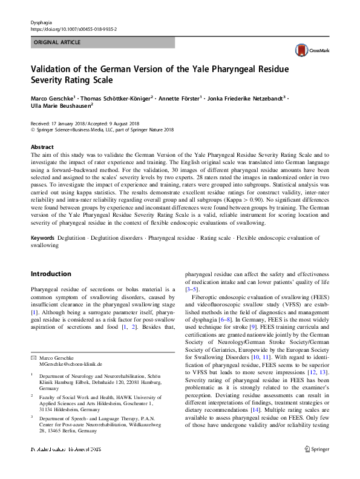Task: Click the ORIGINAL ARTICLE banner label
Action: pyautogui.click(x=56, y=42)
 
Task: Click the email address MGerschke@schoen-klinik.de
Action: pyautogui.click(x=71, y=364)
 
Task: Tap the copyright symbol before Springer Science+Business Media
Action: pyautogui.click(x=33, y=128)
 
